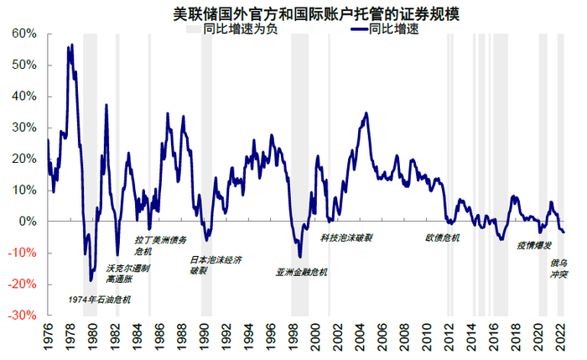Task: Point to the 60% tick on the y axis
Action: pos(23,34)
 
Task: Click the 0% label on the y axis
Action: pos(27,222)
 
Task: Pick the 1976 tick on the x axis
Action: pos(49,335)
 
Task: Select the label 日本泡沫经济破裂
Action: pos(216,265)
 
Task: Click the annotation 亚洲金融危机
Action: pos(302,272)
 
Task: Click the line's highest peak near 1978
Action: pos(72,44)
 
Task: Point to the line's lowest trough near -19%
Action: pos(91,280)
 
